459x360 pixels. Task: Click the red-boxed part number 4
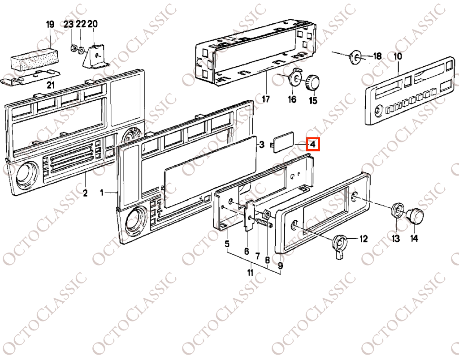[x=313, y=144]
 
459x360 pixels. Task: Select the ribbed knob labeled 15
[x=312, y=82]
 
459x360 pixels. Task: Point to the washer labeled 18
[x=355, y=57]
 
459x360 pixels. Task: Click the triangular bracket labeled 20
[x=96, y=58]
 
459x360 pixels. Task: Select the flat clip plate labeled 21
[x=30, y=77]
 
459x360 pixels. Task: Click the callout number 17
[x=265, y=99]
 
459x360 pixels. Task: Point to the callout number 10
[x=398, y=56]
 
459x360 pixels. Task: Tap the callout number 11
[x=250, y=273]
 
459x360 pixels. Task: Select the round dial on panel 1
[x=136, y=219]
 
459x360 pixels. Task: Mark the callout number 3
[x=262, y=145]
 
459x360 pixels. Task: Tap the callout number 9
[x=281, y=266]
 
